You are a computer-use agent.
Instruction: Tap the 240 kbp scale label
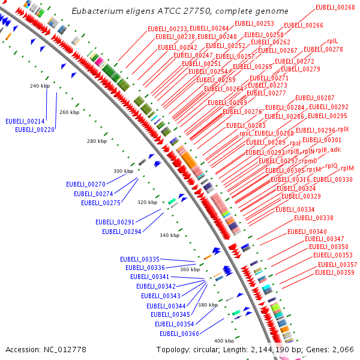pos(39,86)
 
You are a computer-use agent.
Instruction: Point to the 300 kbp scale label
pos(123,172)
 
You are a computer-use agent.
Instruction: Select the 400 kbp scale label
pos(224,341)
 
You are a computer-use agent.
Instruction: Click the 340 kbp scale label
pos(169,236)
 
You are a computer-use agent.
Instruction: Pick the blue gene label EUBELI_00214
pos(25,121)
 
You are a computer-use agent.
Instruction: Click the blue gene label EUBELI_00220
pos(35,130)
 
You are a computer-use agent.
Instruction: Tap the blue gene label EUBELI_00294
pos(121,232)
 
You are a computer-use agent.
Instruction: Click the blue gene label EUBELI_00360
pos(179,334)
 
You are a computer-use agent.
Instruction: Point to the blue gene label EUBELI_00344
pos(166,306)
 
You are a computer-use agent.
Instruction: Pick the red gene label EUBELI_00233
pos(167,29)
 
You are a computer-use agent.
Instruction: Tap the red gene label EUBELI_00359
pos(335,272)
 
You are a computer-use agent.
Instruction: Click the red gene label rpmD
pos(310,161)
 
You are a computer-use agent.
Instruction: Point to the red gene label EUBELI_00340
pos(307,232)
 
